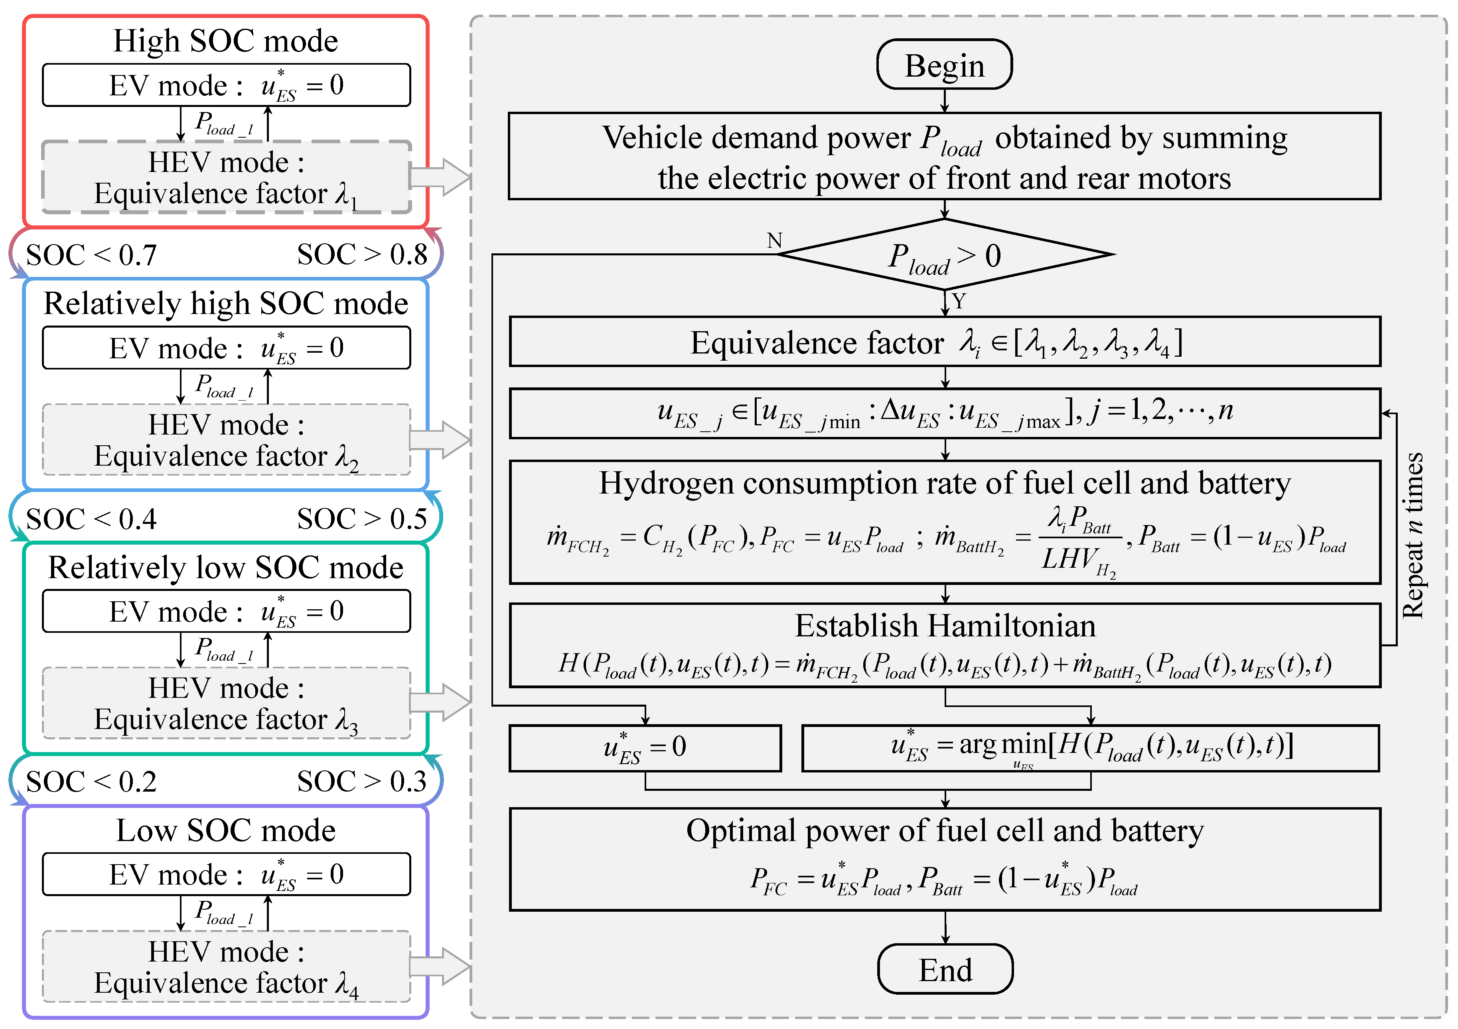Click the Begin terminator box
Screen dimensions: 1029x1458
[x=944, y=65]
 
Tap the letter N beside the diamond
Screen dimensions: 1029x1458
[x=774, y=241]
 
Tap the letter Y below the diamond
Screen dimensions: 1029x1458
[x=959, y=301]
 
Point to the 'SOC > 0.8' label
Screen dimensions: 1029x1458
[x=362, y=255]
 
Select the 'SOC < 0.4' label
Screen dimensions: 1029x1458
[x=91, y=519]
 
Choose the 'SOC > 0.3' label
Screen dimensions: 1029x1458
[x=362, y=781]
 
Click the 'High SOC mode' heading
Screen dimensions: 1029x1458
[x=225, y=41]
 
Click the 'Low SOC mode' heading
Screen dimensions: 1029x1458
[x=225, y=830]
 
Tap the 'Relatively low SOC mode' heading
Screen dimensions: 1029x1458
[x=225, y=567]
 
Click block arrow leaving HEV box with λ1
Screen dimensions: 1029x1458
[x=440, y=177]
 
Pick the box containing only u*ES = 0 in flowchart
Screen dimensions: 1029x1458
[x=645, y=748]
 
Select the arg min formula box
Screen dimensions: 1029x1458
[x=1090, y=748]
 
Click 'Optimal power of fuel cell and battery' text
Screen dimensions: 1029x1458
[x=945, y=831]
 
